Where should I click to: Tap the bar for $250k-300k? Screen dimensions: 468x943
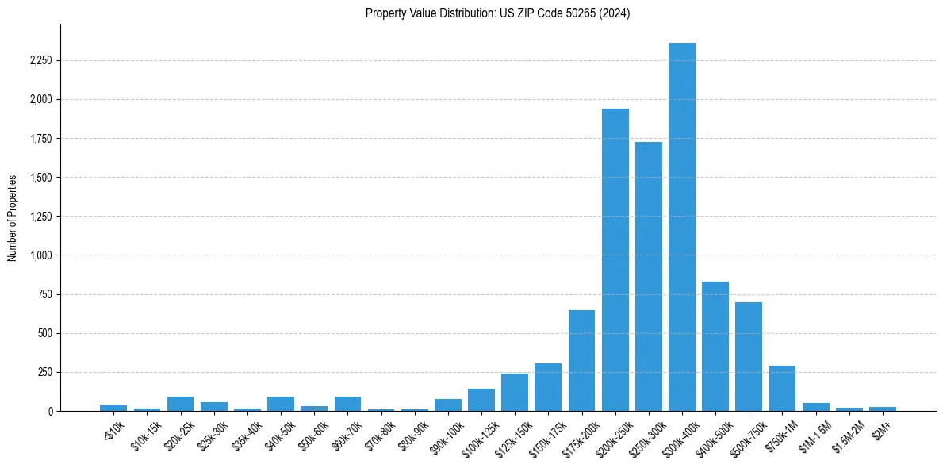tap(648, 277)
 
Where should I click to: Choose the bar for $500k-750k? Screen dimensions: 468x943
tap(749, 357)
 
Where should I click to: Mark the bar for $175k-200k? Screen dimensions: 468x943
tap(581, 361)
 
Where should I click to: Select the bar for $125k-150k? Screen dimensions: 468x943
tap(515, 393)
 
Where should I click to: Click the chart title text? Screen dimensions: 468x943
tap(497, 13)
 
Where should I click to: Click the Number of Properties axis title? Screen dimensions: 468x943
tap(13, 217)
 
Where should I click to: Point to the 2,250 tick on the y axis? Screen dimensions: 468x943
tap(41, 60)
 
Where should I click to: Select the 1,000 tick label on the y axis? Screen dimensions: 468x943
tap(41, 255)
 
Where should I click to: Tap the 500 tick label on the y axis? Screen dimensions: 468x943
tap(46, 333)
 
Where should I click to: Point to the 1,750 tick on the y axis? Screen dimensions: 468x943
tap(41, 139)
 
